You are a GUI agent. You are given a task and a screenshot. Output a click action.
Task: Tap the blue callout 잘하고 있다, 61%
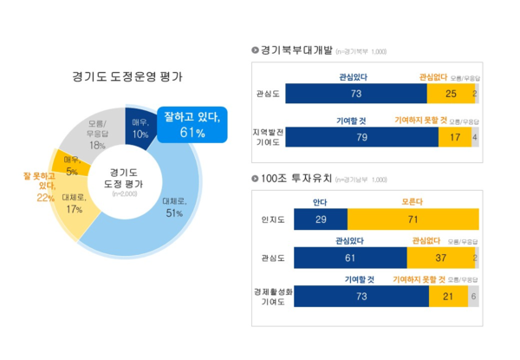192,122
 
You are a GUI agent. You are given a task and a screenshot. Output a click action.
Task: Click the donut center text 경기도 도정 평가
124,180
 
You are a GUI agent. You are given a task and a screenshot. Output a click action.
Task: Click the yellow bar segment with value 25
451,94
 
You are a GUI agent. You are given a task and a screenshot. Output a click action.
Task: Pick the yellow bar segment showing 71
413,219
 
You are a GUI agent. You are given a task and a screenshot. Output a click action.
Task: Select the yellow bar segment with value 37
439,258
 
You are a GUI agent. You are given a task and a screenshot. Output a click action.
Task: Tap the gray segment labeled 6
473,296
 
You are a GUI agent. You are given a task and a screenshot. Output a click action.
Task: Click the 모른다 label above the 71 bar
413,202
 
